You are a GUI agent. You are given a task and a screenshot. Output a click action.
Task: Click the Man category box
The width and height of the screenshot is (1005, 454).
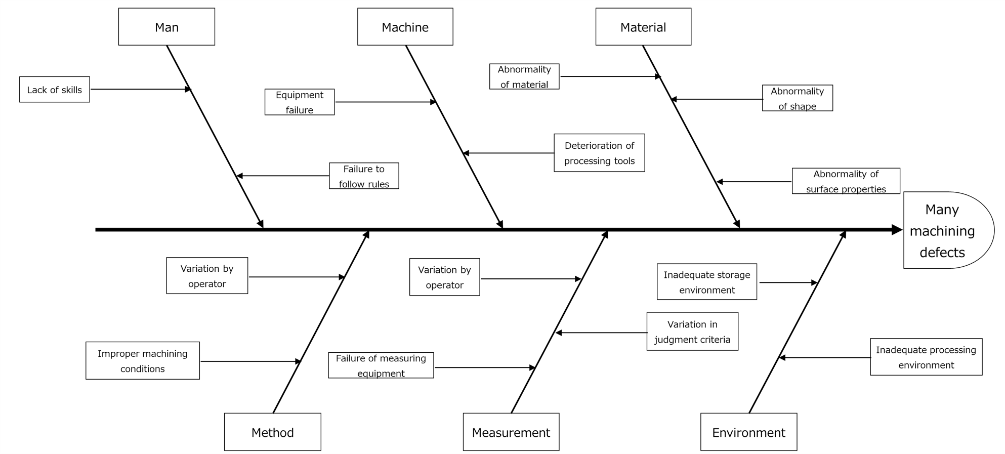[166, 27]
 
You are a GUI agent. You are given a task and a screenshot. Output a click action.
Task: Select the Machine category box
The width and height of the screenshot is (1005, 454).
[405, 27]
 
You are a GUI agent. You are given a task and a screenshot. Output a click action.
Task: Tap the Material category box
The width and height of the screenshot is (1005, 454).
[643, 27]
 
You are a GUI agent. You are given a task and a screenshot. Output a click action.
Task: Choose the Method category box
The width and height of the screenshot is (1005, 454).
[272, 432]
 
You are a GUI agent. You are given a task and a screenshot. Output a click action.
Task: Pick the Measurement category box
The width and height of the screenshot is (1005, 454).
[511, 432]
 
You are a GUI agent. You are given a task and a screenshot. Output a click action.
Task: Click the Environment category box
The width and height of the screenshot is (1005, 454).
[748, 432]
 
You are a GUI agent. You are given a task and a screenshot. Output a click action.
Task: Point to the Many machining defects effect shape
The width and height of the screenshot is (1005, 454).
[944, 230]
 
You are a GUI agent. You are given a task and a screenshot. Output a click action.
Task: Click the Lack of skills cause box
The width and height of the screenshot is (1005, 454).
[55, 90]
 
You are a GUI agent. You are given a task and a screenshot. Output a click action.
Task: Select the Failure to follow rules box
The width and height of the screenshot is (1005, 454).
[364, 176]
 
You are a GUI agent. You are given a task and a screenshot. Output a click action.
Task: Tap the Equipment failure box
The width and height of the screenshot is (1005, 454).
[300, 102]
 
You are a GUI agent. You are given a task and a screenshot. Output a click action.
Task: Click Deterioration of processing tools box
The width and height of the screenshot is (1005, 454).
[599, 153]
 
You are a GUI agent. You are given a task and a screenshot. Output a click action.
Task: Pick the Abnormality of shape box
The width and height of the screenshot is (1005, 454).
[797, 98]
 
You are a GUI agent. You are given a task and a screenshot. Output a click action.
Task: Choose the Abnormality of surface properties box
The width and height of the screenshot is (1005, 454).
[846, 181]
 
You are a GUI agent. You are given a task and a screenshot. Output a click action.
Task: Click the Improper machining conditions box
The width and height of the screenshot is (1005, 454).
[143, 361]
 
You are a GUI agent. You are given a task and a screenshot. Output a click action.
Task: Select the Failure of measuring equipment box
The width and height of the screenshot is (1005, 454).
[381, 365]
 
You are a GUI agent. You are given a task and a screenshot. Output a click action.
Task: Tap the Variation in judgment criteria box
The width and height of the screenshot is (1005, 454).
[692, 332]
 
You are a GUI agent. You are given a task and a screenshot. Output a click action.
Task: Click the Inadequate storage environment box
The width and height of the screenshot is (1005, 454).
[707, 282]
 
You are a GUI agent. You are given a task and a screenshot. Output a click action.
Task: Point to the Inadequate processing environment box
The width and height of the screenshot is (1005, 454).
[926, 357]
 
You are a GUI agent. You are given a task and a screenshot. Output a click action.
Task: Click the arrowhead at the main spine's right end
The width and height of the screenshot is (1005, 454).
[896, 230]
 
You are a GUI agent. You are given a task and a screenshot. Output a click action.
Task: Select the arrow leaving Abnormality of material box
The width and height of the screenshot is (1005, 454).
[610, 77]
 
